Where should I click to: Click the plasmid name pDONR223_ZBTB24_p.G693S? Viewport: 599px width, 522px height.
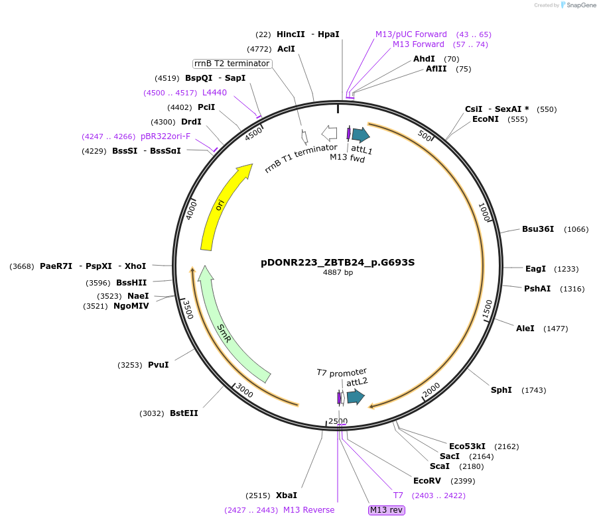click(x=338, y=262)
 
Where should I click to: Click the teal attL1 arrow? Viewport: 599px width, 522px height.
click(x=360, y=135)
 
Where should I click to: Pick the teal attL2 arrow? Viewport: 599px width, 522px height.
click(x=356, y=397)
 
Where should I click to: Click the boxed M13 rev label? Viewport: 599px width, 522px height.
click(x=387, y=510)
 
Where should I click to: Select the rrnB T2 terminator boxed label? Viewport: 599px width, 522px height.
click(x=232, y=64)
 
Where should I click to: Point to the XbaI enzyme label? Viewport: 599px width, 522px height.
click(x=287, y=496)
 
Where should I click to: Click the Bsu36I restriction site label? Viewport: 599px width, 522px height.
click(x=538, y=229)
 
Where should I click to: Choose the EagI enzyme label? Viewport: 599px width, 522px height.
click(x=535, y=269)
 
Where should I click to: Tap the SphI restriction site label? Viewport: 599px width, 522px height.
click(x=501, y=390)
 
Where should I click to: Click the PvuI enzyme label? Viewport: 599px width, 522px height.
click(x=158, y=365)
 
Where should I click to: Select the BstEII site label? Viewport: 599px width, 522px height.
click(x=184, y=413)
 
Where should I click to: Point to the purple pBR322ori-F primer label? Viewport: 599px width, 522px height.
click(x=165, y=136)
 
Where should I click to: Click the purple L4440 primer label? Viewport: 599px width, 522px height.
click(x=214, y=93)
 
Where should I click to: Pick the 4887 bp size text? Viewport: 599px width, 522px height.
click(x=338, y=272)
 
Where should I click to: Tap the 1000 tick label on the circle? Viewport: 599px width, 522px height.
click(x=484, y=213)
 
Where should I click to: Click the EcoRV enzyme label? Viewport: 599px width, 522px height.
click(x=427, y=481)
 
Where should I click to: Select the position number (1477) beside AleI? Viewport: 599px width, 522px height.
click(x=555, y=329)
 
